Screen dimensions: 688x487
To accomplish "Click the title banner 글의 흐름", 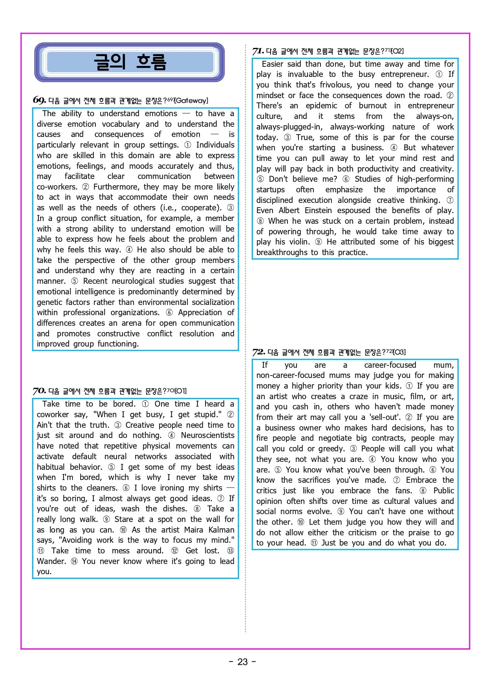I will (x=130, y=62).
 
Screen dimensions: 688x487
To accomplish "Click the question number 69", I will (x=39, y=100).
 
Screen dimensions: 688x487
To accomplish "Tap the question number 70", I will (x=39, y=391).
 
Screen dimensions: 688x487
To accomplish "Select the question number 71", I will (x=258, y=51).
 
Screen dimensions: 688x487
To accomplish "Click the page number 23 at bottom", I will (x=242, y=662).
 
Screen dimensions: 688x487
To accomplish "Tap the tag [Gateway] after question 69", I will (x=191, y=100).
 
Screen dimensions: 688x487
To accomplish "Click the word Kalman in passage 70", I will (x=221, y=530).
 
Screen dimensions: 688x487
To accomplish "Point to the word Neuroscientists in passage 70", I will (x=207, y=435).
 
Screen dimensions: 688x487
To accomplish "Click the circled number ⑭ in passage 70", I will (x=74, y=561).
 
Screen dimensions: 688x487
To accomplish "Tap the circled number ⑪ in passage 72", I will (x=314, y=543).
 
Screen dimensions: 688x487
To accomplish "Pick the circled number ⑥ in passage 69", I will (x=169, y=312).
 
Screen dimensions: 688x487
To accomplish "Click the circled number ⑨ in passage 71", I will (x=319, y=242).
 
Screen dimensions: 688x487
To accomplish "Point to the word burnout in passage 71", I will (x=372, y=106).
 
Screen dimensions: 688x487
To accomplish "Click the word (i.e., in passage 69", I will (x=168, y=208).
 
